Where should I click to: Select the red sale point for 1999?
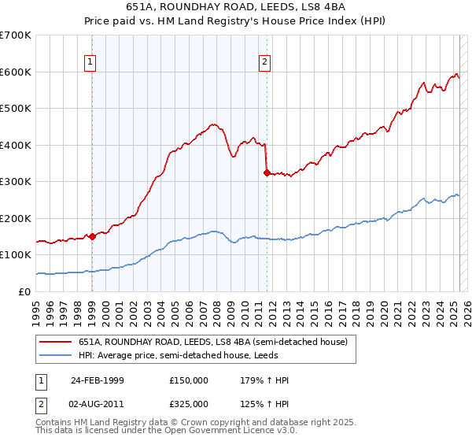[x=92, y=235]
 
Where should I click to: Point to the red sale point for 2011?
[x=267, y=172]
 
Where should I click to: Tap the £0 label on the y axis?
[x=24, y=291]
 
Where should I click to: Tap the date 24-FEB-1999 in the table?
[x=98, y=380]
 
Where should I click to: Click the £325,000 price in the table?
[x=189, y=404]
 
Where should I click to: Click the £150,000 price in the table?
[x=189, y=380]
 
